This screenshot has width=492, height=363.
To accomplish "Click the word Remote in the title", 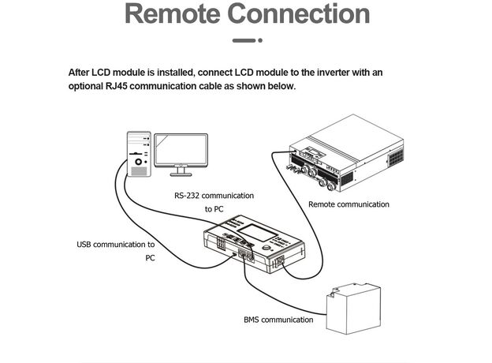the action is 172,14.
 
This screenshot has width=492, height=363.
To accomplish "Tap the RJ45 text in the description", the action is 116,86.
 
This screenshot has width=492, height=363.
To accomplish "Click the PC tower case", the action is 139,154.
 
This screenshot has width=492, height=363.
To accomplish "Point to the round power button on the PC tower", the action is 138,162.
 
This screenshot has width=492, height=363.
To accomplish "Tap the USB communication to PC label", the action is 116,251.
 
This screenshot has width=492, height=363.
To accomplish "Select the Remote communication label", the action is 348,204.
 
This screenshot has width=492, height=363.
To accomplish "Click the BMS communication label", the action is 278,320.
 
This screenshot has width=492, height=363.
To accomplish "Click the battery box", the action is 353,309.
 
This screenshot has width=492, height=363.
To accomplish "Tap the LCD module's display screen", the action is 257,233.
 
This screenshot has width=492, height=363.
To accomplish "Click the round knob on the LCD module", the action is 266,248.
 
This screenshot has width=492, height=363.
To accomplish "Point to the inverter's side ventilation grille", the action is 396,158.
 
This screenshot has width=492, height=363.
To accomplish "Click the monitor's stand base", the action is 181,174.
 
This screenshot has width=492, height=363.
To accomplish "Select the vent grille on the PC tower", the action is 139,171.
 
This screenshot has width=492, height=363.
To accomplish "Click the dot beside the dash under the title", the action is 260,40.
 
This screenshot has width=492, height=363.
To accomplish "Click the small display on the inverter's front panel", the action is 315,154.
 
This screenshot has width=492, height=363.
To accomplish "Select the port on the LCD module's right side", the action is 280,260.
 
